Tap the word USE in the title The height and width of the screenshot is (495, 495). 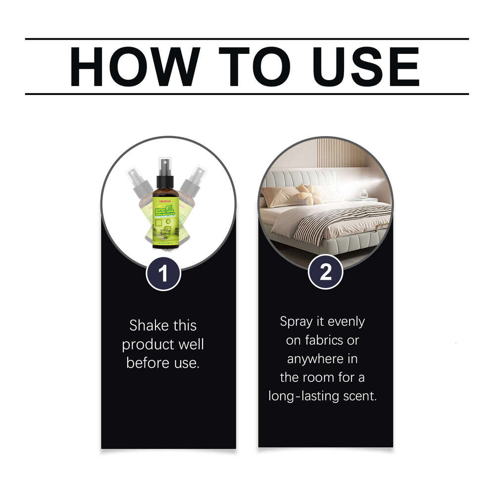pyautogui.click(x=360, y=66)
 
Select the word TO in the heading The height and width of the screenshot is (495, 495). pyautogui.click(x=247, y=66)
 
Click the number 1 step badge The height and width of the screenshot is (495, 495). pyautogui.click(x=163, y=273)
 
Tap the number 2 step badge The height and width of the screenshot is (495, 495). pyautogui.click(x=326, y=272)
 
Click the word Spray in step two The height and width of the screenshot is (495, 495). pyautogui.click(x=297, y=322)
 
